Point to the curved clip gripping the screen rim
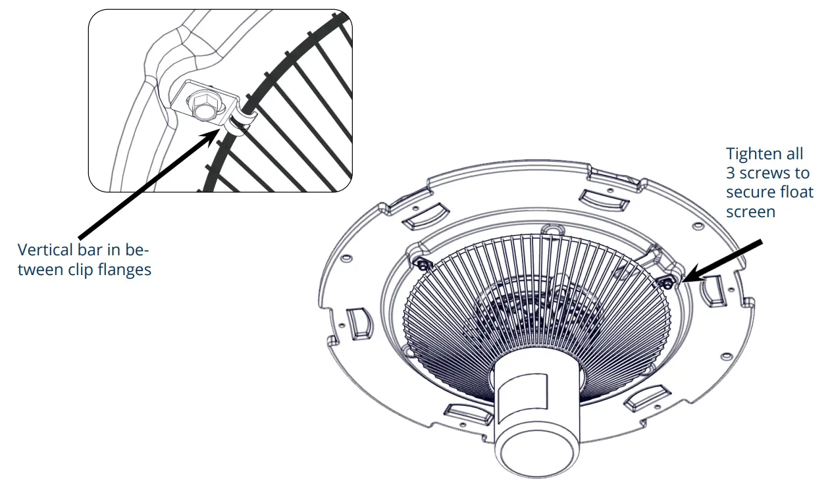(238, 121)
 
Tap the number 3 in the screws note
(731, 173)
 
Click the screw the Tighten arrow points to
(667, 282)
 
